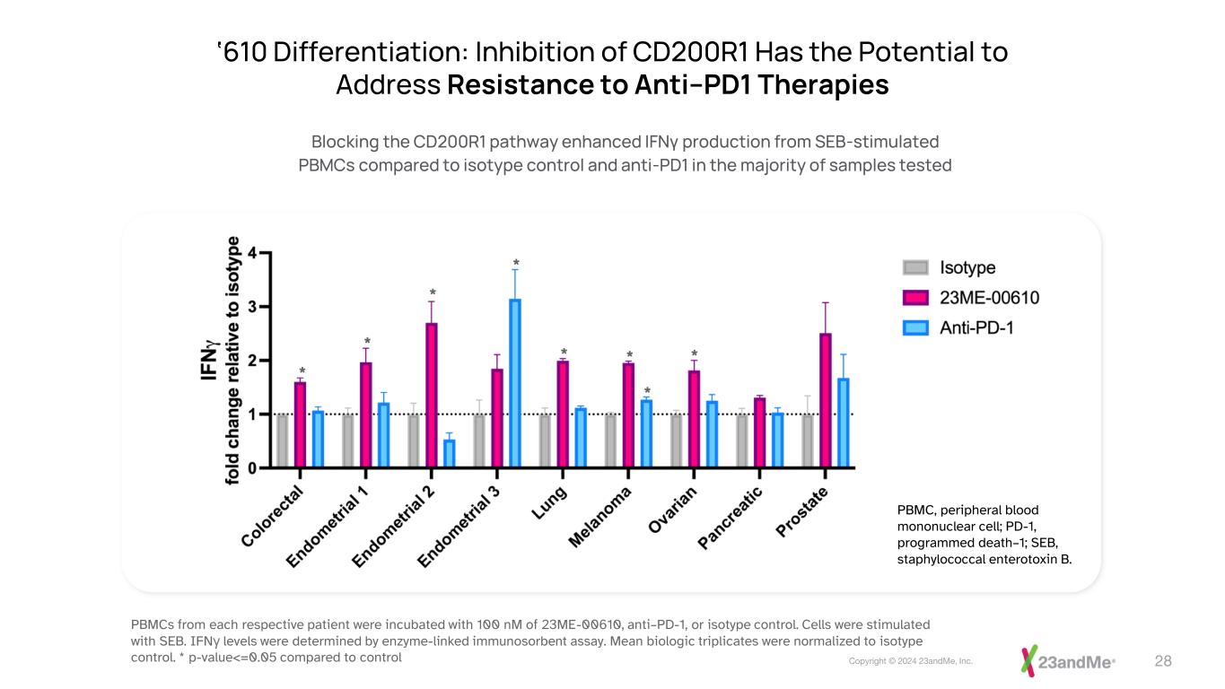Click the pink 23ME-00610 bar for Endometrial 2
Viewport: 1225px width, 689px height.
432,395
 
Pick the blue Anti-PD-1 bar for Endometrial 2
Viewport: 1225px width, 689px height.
450,453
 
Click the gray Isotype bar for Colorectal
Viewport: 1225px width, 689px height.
283,440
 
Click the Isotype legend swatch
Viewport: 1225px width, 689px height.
915,267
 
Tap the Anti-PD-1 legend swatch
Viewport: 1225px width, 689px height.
915,328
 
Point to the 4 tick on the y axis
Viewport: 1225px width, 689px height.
253,253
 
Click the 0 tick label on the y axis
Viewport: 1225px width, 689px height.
253,467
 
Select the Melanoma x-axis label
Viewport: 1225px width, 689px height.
601,518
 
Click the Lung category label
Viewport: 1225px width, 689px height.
548,502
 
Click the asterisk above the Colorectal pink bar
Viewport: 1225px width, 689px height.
302,371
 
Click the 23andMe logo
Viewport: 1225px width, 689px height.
1068,661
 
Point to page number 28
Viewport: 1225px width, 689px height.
1163,661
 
